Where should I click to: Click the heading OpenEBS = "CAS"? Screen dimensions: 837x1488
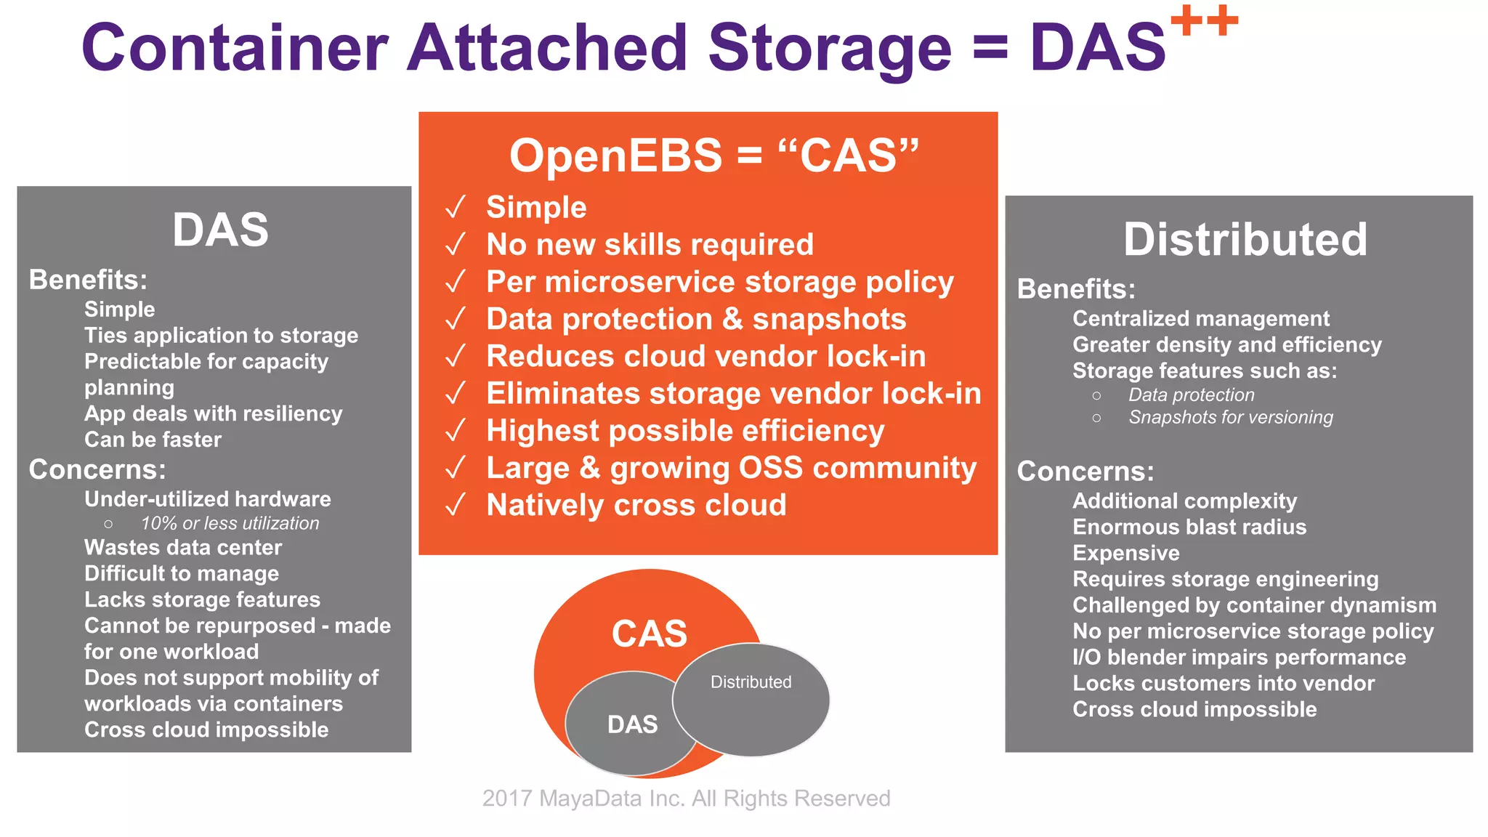(713, 155)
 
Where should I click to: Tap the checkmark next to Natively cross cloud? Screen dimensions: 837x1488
(456, 505)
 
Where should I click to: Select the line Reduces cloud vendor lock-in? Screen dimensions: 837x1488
(705, 356)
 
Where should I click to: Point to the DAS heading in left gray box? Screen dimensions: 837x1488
(220, 230)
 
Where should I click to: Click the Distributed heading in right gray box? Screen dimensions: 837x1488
(1245, 239)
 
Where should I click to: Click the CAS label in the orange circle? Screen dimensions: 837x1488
(649, 634)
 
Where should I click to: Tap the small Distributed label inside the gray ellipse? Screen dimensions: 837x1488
(751, 682)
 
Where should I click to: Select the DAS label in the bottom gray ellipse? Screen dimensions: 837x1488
(632, 724)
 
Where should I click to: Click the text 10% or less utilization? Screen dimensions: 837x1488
(230, 523)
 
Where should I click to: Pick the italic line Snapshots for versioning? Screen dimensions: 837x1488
(1230, 418)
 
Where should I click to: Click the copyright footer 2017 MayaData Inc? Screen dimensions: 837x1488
(686, 798)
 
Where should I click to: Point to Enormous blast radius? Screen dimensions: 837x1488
(1189, 527)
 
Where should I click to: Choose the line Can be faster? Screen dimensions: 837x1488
(153, 440)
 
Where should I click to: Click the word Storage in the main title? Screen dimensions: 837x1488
(829, 48)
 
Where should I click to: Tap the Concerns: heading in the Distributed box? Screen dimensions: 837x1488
(1085, 472)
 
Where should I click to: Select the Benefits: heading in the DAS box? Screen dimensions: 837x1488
(88, 280)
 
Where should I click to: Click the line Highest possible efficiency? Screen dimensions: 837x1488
(684, 431)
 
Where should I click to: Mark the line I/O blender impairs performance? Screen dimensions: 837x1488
(1239, 658)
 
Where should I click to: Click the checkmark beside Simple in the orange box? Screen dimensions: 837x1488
(456, 208)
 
